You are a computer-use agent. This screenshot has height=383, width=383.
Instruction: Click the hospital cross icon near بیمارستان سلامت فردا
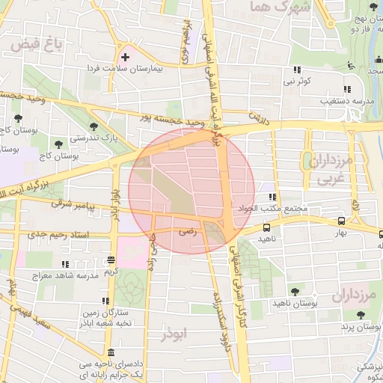(125, 57)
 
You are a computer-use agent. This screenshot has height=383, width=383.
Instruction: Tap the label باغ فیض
(36, 46)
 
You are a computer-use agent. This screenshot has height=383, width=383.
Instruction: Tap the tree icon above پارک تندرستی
(93, 126)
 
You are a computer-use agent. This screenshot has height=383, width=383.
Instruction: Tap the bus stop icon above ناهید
(267, 227)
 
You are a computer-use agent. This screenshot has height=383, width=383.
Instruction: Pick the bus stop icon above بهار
(341, 221)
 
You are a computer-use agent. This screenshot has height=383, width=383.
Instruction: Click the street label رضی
(186, 233)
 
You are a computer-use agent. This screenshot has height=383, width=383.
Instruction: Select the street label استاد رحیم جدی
(55, 235)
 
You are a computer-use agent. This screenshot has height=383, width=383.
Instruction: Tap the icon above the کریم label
(111, 260)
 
